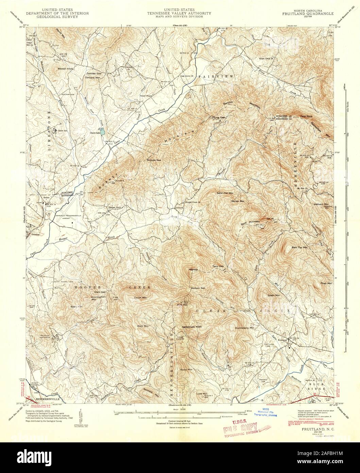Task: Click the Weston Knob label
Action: [65, 68]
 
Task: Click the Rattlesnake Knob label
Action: [192, 327]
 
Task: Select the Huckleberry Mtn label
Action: [244, 328]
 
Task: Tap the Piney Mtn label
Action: [326, 283]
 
